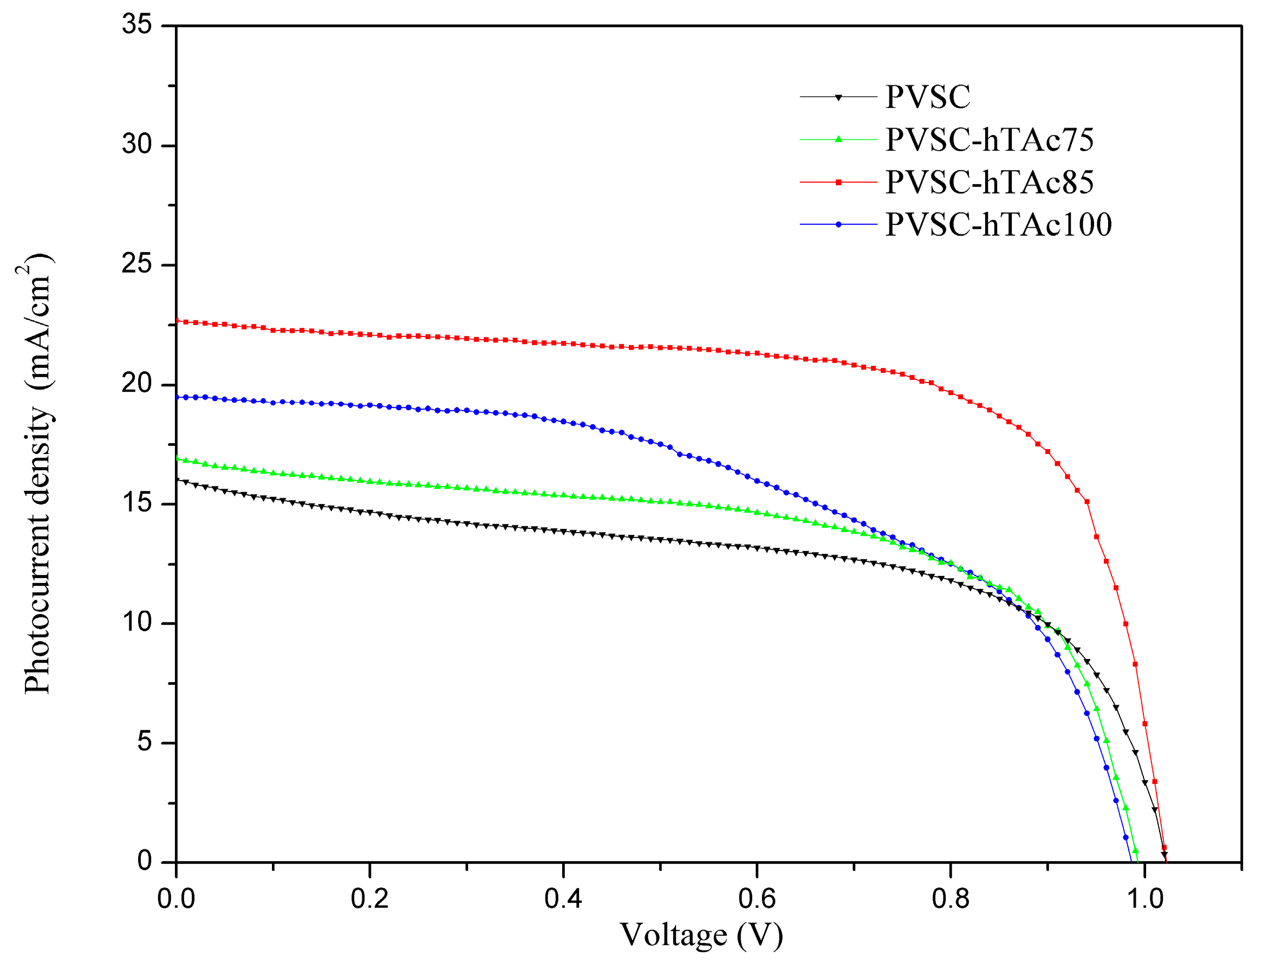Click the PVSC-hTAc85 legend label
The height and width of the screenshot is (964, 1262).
989,183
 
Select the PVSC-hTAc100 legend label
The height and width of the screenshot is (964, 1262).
998,225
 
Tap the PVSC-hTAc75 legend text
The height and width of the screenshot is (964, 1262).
989,140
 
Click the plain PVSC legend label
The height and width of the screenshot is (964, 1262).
928,97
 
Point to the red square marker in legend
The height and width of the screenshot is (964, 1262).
838,183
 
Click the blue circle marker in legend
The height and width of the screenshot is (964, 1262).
838,224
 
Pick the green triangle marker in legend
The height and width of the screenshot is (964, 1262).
838,139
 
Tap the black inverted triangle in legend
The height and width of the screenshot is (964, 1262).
838,98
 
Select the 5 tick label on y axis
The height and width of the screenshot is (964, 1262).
145,742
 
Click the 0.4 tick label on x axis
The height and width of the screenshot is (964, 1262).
563,899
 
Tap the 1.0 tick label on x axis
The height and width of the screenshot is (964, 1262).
1145,899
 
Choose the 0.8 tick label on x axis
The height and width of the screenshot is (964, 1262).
951,899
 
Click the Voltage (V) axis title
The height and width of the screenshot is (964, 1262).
701,936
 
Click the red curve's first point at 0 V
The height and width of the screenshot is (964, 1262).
177,321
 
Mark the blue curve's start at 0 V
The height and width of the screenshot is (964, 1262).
177,397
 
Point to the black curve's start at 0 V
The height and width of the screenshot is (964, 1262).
177,480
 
